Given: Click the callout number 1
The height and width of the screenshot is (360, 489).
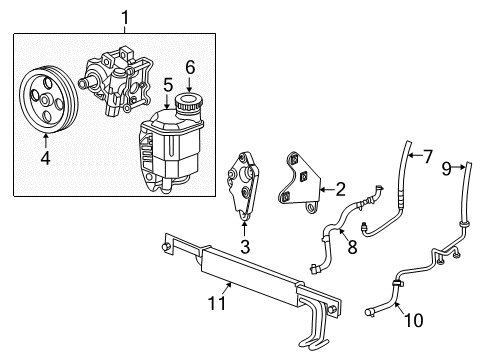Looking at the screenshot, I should [125, 16].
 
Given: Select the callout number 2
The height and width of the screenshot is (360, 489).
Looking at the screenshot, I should [340, 187].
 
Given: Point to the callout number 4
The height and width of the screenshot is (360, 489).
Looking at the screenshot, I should [45, 156].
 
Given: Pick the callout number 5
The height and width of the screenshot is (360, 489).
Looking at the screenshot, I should [168, 87].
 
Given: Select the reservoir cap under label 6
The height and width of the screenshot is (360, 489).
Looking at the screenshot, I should [187, 103].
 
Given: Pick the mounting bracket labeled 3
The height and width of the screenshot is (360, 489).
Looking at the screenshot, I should [246, 190].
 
